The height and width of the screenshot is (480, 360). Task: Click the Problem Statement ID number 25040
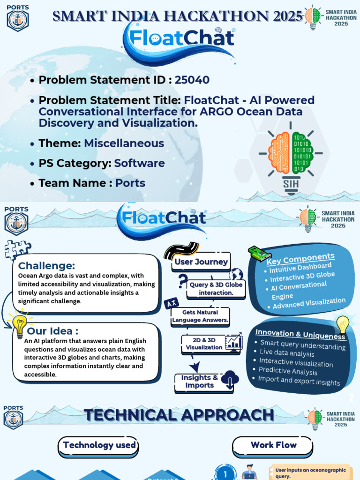tap(192, 80)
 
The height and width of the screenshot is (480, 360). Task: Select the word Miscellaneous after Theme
tap(124, 143)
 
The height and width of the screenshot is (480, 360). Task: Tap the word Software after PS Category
tap(139, 164)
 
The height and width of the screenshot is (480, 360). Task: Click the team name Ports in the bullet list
tap(130, 183)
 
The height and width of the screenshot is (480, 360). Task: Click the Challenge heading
tap(46, 266)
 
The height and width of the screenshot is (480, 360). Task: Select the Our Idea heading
tap(52, 331)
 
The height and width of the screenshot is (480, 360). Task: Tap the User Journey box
tap(201, 262)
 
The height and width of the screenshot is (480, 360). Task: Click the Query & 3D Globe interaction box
tap(216, 289)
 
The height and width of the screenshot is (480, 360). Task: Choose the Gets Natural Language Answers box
tap(200, 316)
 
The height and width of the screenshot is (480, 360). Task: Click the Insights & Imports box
tap(199, 382)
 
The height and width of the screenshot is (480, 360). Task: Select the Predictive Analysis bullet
tap(288, 371)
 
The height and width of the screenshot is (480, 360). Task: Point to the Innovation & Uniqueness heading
tap(300, 334)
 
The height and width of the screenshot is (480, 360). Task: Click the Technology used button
tap(99, 445)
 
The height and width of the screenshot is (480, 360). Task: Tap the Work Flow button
tap(273, 445)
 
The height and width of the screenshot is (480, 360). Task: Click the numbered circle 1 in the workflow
tap(225, 473)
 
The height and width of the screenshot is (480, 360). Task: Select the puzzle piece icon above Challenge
tap(17, 249)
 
